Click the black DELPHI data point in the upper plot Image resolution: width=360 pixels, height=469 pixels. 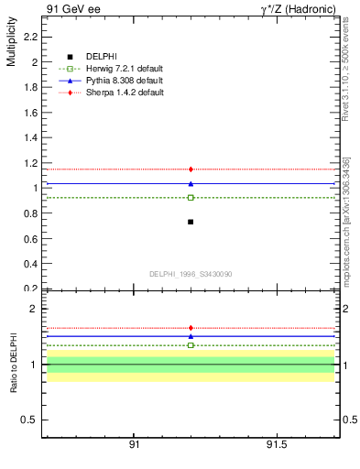pos(191,222)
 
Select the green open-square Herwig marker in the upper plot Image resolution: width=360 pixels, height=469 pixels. pos(191,197)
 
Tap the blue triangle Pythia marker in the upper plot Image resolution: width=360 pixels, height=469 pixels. pos(191,183)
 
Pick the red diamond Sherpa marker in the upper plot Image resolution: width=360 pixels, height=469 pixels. pos(191,169)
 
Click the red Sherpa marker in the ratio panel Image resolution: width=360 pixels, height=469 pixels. pos(191,328)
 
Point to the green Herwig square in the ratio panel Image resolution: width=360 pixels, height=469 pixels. pos(191,345)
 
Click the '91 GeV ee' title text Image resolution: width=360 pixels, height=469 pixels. pos(72,10)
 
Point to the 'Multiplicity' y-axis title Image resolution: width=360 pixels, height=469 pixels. pos(11,46)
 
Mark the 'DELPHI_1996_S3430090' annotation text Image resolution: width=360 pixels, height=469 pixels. pos(190,274)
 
